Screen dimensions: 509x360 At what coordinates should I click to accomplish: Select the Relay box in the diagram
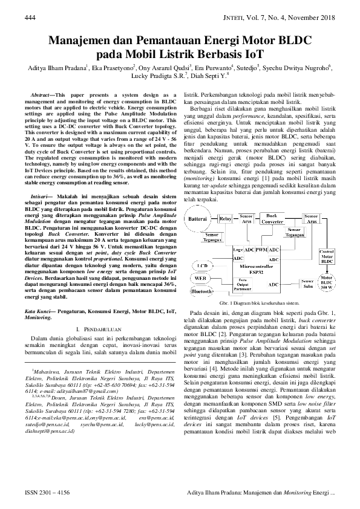[224, 218]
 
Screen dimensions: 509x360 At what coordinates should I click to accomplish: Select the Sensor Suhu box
[309, 282]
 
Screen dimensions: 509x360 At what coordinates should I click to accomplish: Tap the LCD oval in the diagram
[203, 266]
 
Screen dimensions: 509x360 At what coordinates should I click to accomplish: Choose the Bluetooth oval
[202, 291]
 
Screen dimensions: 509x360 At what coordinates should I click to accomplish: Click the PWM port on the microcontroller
[261, 249]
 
